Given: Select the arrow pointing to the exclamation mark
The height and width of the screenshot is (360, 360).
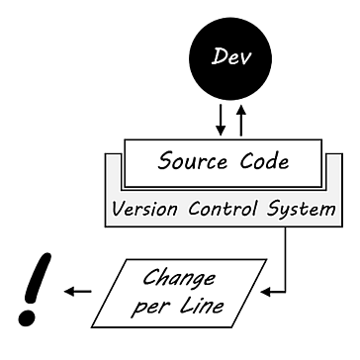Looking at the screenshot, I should [x=79, y=291].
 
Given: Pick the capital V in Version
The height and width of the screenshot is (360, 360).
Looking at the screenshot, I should [x=118, y=211].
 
